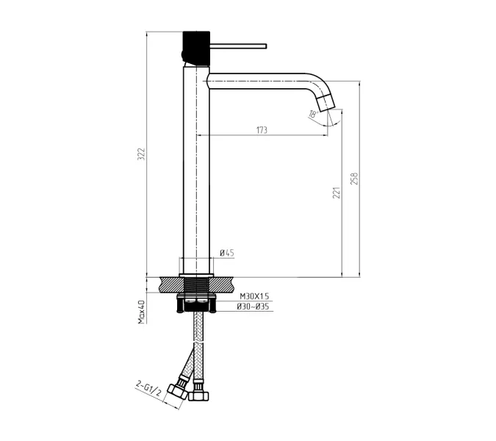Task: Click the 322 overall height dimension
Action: click(x=141, y=154)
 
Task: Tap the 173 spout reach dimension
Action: click(x=262, y=130)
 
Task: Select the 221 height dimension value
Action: click(x=337, y=193)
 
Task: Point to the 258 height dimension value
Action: click(x=354, y=179)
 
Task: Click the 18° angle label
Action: click(x=312, y=114)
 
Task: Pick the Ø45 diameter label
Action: click(x=227, y=253)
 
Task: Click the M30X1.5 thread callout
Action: click(x=254, y=296)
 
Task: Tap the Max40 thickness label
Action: click(x=141, y=312)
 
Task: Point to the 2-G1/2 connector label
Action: click(x=148, y=388)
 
